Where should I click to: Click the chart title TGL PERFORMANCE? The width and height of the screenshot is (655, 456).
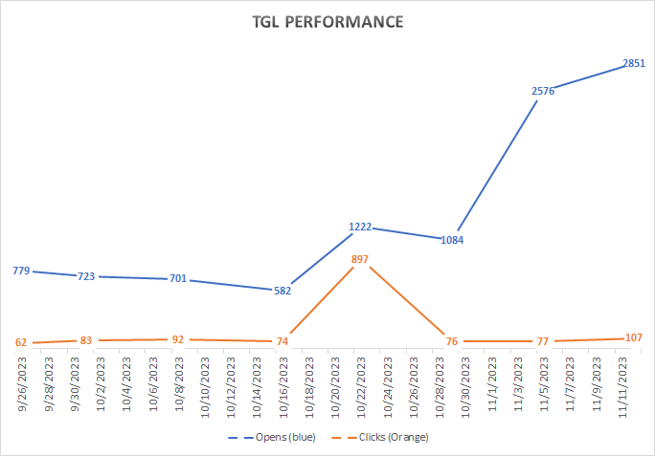pos(327,21)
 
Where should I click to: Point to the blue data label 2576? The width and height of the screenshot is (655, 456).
pos(543,91)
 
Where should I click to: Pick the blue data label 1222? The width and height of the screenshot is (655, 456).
pos(360,227)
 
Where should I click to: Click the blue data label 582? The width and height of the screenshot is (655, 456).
pos(282,291)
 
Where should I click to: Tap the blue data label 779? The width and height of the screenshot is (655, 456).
pos(21,271)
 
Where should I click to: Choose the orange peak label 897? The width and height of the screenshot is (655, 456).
pos(360,260)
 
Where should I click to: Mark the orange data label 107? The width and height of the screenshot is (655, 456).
pos(633,337)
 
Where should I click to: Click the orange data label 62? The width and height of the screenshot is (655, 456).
pos(21,342)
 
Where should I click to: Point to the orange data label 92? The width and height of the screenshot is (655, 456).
pos(178,339)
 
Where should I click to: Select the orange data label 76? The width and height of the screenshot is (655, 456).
pos(452,341)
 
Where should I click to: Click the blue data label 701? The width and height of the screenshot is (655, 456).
pos(178,279)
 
